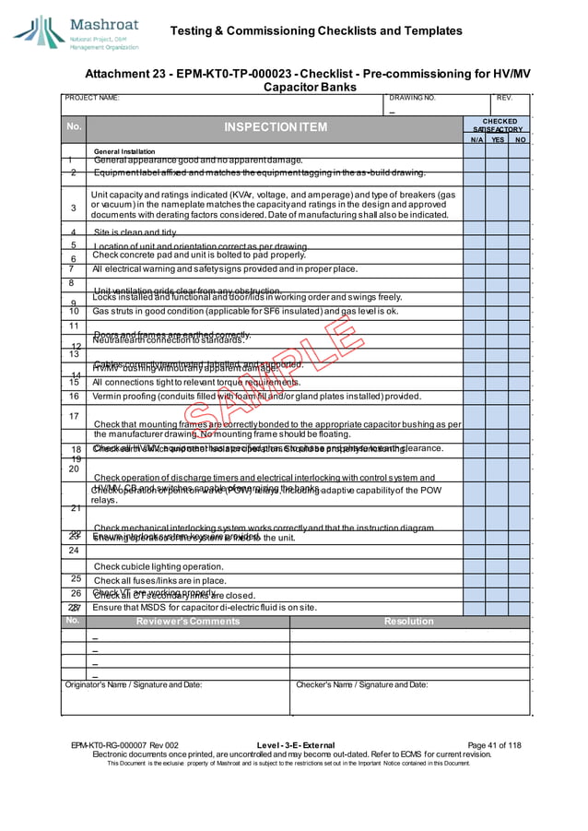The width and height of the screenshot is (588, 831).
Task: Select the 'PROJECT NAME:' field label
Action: (x=92, y=97)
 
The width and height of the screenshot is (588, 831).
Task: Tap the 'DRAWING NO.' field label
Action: (x=413, y=97)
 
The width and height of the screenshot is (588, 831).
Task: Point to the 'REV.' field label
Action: (x=504, y=97)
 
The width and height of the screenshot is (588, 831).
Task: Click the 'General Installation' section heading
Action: (x=124, y=151)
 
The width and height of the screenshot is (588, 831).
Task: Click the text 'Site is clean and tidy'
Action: (x=135, y=232)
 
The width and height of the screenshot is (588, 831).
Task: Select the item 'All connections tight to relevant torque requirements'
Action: (x=196, y=382)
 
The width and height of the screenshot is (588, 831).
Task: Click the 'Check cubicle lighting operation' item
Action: (x=158, y=566)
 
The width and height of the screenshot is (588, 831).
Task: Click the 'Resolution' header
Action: (x=408, y=622)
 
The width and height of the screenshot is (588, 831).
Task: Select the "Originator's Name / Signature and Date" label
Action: (x=134, y=684)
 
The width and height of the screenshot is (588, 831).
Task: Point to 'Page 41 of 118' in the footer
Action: (x=494, y=745)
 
